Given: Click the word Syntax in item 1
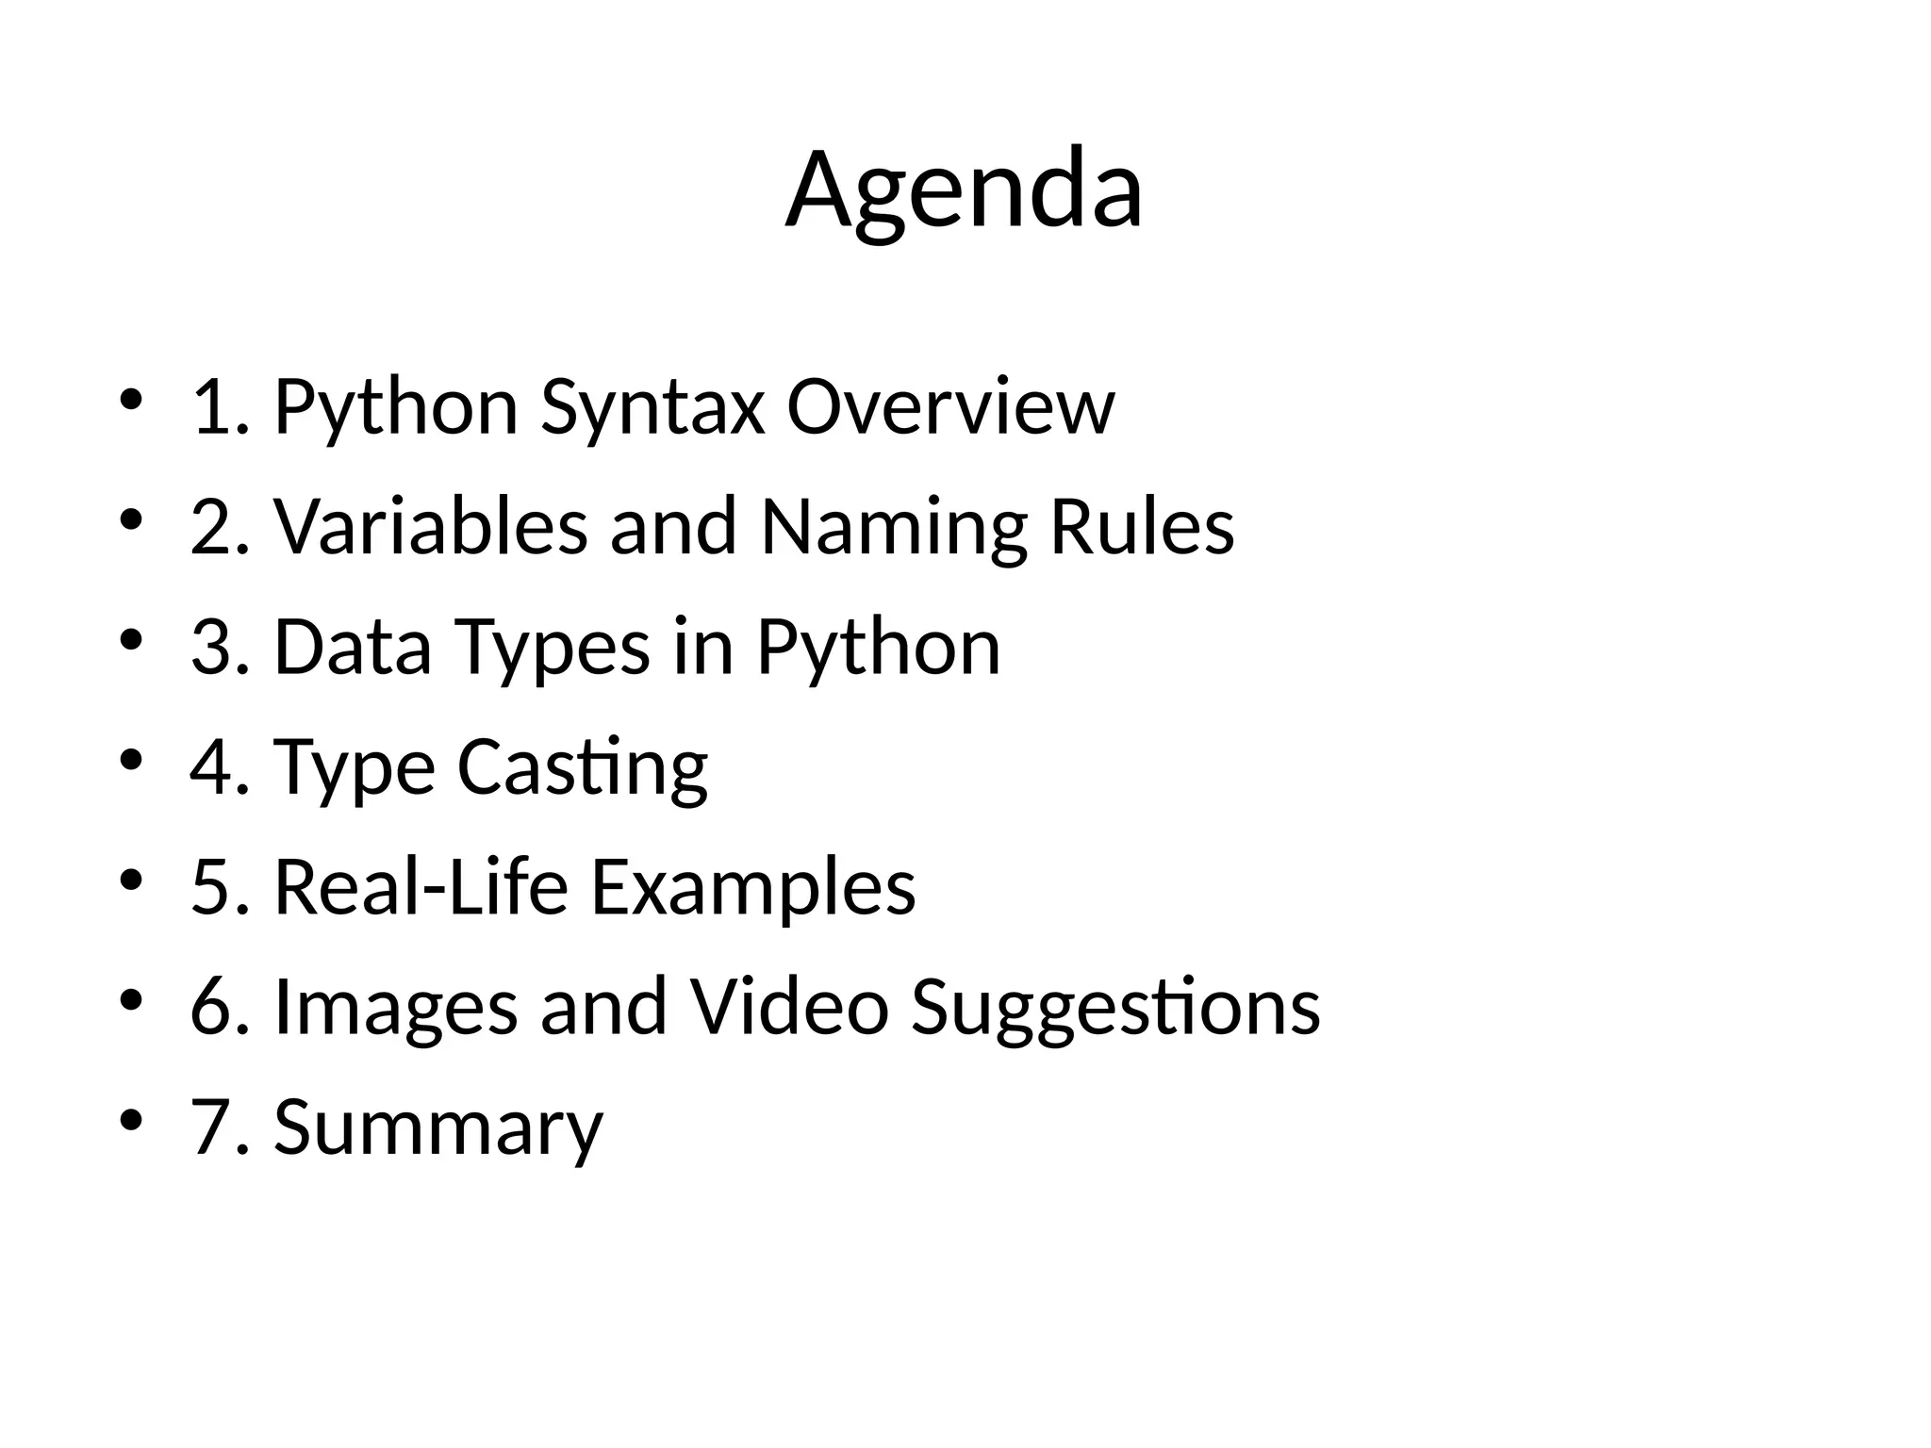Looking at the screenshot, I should pyautogui.click(x=652, y=407).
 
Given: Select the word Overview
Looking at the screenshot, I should pyautogui.click(x=950, y=407).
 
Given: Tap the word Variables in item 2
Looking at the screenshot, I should pyautogui.click(x=431, y=526).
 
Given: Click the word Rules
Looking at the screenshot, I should pyautogui.click(x=1142, y=526).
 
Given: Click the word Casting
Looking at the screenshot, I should pyautogui.click(x=583, y=767).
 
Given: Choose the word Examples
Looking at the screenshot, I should pyautogui.click(x=753, y=889).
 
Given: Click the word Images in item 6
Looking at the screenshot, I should pyautogui.click(x=396, y=1008).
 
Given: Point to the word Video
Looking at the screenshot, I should pyautogui.click(x=789, y=1006).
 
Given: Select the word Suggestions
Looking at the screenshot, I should pyautogui.click(x=1115, y=1008).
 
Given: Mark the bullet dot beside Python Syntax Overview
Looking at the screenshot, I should pyautogui.click(x=131, y=400).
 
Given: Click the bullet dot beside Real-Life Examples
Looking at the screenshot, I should pyautogui.click(x=131, y=880).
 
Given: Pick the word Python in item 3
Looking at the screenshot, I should pyautogui.click(x=879, y=649).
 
